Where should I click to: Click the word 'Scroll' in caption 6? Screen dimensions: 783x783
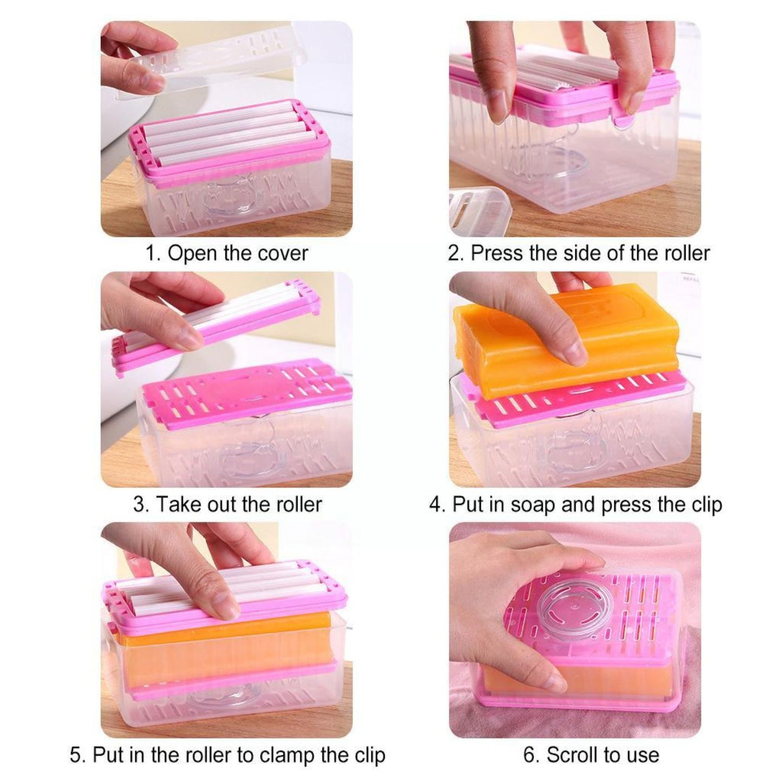click(x=572, y=755)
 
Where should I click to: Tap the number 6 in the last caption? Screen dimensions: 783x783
click(x=529, y=755)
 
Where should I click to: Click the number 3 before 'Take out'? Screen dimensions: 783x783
click(x=139, y=504)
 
